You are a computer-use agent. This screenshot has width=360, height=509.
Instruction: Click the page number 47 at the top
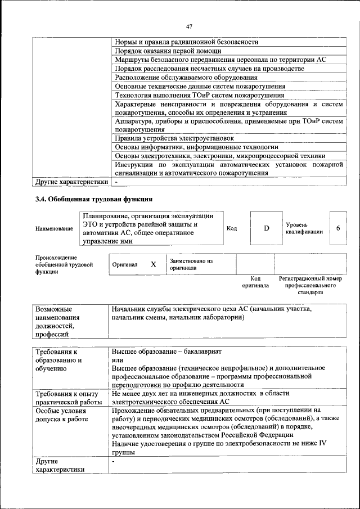[189, 26]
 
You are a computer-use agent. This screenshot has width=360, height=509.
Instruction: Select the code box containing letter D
[267, 228]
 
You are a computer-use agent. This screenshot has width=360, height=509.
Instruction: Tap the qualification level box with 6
[337, 228]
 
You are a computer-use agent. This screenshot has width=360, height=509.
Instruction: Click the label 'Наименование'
[54, 228]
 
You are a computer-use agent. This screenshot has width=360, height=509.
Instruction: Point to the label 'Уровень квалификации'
[304, 228]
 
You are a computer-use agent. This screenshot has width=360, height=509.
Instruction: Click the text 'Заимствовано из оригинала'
[191, 264]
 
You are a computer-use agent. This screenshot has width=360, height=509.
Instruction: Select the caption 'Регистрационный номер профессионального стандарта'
[310, 285]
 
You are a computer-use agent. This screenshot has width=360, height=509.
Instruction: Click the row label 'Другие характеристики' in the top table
[71, 182]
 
